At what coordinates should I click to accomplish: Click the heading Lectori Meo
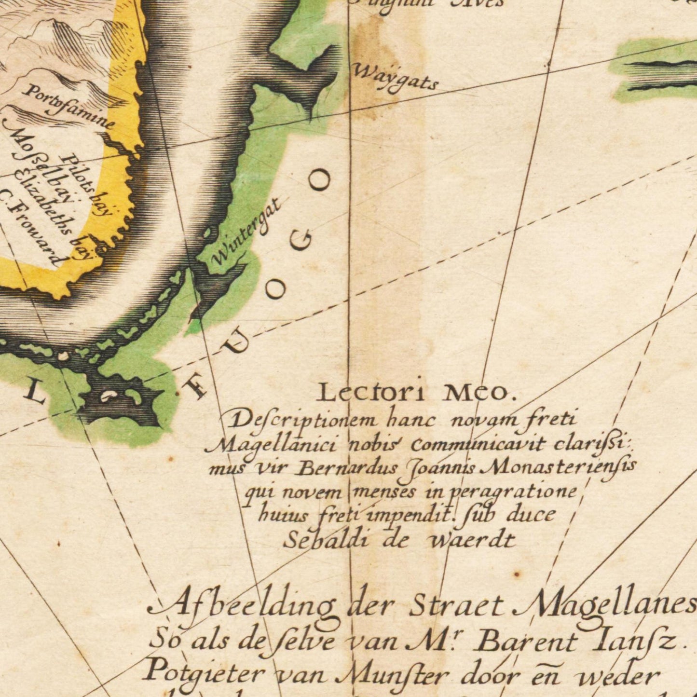pos(416,393)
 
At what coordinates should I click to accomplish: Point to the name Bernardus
pos(347,467)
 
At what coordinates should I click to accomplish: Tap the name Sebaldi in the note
pos(326,540)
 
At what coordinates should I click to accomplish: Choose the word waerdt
pos(472,540)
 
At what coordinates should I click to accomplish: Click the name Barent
pos(526,642)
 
